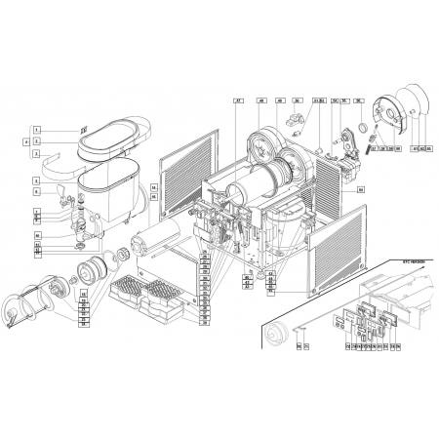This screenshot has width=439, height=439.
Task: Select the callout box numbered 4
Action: [27, 141]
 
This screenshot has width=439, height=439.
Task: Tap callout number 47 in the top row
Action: [237, 101]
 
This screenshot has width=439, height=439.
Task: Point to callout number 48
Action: [262, 101]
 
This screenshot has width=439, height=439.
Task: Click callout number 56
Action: [359, 101]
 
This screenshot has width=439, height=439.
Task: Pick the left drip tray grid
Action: [128, 290]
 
